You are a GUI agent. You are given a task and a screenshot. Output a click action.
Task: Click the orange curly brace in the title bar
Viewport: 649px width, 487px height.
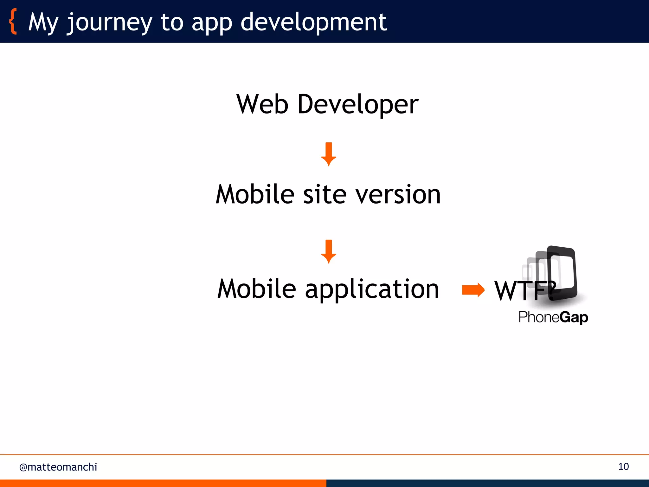13,22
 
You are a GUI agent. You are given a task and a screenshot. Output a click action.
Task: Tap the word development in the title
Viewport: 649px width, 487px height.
313,22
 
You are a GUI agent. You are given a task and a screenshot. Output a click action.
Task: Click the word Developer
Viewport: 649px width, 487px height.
358,105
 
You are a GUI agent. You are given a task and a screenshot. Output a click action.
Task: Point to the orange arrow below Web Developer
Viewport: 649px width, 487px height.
329,154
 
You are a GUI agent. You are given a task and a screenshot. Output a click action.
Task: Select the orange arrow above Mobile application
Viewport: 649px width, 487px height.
329,251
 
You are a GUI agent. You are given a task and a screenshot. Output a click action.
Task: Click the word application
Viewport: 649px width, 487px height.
372,289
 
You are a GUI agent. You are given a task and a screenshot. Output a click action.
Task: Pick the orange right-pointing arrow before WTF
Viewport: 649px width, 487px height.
473,290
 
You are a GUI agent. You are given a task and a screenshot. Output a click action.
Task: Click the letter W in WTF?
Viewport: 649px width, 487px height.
506,291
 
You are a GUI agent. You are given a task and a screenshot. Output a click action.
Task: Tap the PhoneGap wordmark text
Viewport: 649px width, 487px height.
553,317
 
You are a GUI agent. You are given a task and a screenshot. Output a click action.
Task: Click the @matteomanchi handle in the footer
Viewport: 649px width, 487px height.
58,467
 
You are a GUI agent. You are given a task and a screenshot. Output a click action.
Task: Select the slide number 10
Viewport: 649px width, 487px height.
623,467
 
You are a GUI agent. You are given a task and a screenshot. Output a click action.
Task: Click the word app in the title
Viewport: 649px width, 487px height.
212,23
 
